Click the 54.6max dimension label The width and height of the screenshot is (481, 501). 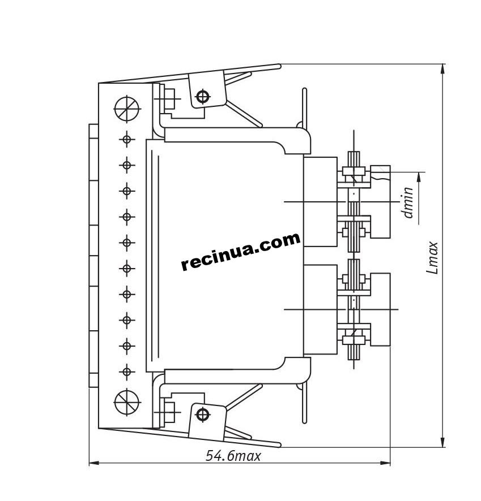coord(233,456)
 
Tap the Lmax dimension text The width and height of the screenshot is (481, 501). coord(432,257)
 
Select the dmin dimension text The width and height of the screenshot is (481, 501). coord(408,202)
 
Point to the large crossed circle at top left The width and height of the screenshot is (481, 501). coord(127,109)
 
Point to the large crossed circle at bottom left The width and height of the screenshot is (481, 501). coord(127,402)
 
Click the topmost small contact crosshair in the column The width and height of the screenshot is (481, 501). coord(127,139)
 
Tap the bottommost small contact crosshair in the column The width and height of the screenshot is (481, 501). coord(127,372)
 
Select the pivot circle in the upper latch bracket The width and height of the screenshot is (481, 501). coord(203,96)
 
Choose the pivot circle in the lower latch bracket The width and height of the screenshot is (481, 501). coord(203,414)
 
